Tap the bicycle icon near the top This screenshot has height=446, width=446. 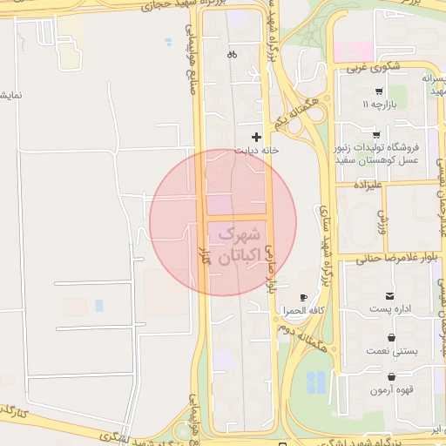[x=232, y=55]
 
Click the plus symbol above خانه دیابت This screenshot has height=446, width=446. [x=255, y=137]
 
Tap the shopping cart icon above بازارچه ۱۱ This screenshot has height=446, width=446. [x=379, y=91]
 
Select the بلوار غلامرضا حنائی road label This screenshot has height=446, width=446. [x=390, y=257]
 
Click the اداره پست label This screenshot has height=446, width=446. [x=389, y=309]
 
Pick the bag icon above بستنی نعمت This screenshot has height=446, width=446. [x=389, y=337]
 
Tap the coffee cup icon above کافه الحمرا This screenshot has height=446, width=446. [x=302, y=298]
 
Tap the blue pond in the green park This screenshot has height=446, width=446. [x=316, y=382]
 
